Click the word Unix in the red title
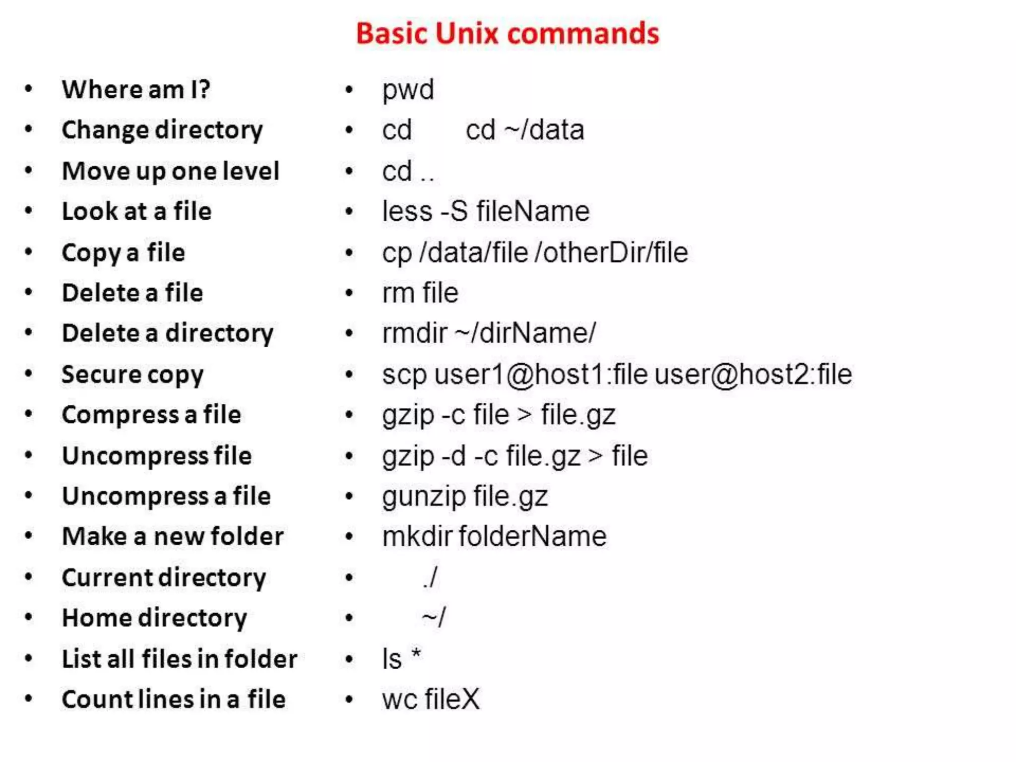pyautogui.click(x=467, y=34)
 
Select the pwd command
pyautogui.click(x=408, y=90)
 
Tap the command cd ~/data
pyautogui.click(x=524, y=130)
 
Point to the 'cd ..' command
pyautogui.click(x=408, y=172)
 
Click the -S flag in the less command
pyautogui.click(x=454, y=211)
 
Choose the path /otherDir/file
pyautogui.click(x=611, y=253)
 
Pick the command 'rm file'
pyautogui.click(x=420, y=293)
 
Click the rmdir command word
pyautogui.click(x=414, y=333)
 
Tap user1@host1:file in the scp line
pyautogui.click(x=541, y=374)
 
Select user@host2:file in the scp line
pyautogui.click(x=753, y=374)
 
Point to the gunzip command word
pyautogui.click(x=424, y=497)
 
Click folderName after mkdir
pyautogui.click(x=532, y=536)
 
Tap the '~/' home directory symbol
pyautogui.click(x=434, y=618)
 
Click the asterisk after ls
pyautogui.click(x=416, y=654)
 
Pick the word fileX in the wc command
pyautogui.click(x=452, y=699)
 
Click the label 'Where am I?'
pyautogui.click(x=136, y=90)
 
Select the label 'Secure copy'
pyautogui.click(x=132, y=375)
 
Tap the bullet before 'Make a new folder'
pyautogui.click(x=29, y=536)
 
